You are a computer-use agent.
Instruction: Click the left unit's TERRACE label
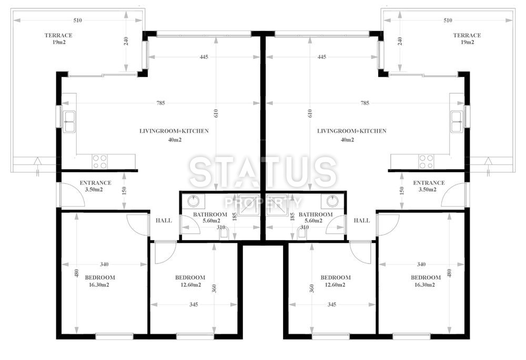click(58, 35)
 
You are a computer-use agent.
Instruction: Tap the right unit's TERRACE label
click(467, 35)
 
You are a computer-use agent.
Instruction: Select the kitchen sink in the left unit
click(69, 122)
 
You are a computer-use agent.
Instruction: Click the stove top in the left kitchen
click(100, 162)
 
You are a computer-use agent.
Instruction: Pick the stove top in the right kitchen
click(426, 162)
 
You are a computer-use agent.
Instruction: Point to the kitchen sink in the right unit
click(457, 122)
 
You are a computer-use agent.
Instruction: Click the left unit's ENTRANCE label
click(96, 183)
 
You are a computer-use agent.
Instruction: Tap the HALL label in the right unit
click(362, 221)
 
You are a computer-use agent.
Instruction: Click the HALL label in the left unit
click(164, 221)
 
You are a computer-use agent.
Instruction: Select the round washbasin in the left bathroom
click(193, 201)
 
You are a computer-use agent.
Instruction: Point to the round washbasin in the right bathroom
click(332, 201)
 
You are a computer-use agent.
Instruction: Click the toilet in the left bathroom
click(224, 233)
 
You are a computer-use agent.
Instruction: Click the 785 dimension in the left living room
click(160, 103)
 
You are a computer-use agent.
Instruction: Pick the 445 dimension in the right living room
click(322, 57)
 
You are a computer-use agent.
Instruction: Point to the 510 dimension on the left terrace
click(77, 21)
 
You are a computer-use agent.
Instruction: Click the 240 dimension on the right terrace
click(400, 41)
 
